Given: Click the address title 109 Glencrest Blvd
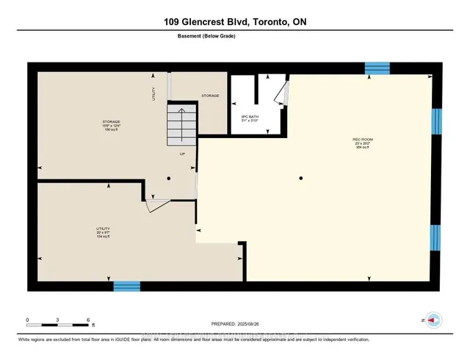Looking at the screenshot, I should (235, 22).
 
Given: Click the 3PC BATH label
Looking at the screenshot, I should (250, 118).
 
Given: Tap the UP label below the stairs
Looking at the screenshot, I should (183, 154).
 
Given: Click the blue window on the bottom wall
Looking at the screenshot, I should (126, 287).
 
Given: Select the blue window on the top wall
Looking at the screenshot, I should (377, 68).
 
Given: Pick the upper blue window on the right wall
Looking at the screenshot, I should (436, 121).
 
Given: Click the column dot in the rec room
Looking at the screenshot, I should (301, 178).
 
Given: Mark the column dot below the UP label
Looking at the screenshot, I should (168, 178).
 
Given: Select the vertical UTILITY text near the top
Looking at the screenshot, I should (154, 94).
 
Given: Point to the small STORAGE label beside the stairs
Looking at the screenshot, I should (210, 96).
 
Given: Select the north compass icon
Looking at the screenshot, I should (433, 320).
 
